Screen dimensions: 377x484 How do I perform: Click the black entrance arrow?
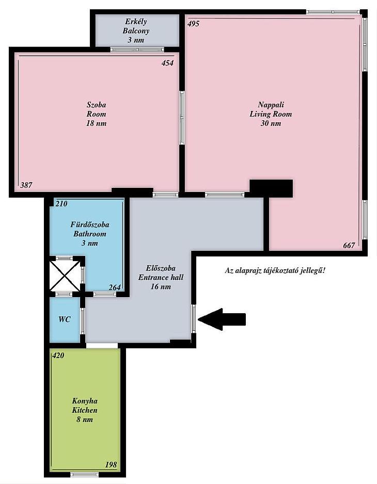[x=222, y=319]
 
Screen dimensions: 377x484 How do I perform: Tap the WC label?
[x=64, y=319]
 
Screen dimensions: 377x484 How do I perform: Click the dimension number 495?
[x=194, y=24]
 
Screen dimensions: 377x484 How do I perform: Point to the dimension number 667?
[x=349, y=246]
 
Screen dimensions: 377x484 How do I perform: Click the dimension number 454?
[x=167, y=63]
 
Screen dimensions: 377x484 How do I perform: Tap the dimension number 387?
[x=26, y=185]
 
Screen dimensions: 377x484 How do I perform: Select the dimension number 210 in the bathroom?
[x=61, y=204]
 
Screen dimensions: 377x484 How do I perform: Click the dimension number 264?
[x=115, y=287]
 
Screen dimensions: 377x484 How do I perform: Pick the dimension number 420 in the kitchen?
[x=58, y=356]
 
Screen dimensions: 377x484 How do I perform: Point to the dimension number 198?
[x=111, y=464]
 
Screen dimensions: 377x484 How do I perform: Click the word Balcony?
[x=136, y=31]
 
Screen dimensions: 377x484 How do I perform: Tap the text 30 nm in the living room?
[x=271, y=123]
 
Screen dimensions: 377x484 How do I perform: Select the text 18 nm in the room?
[x=96, y=123]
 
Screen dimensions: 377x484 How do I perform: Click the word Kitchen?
[x=85, y=410]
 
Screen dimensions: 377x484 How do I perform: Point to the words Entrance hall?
[x=161, y=277]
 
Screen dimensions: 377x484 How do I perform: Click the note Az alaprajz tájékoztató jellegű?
[x=275, y=271]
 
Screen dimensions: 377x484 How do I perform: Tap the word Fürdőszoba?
[x=90, y=224]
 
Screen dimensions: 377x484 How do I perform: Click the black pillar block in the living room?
[x=271, y=188]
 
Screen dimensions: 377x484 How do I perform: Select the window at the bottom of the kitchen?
[x=84, y=474]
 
